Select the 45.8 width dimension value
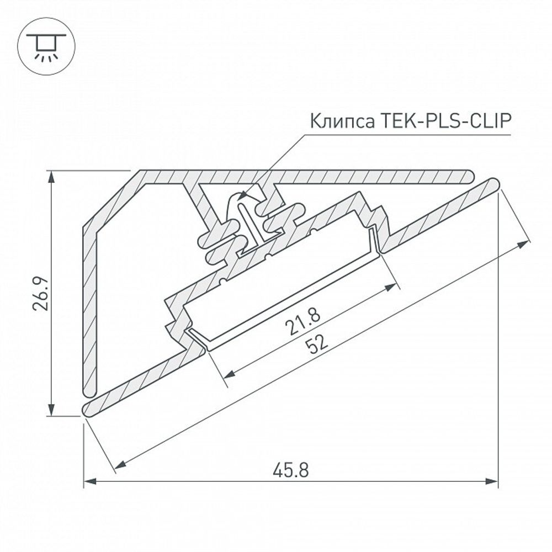click(290, 470)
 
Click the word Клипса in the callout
click(342, 120)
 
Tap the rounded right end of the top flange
click(470, 177)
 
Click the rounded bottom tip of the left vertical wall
click(89, 391)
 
